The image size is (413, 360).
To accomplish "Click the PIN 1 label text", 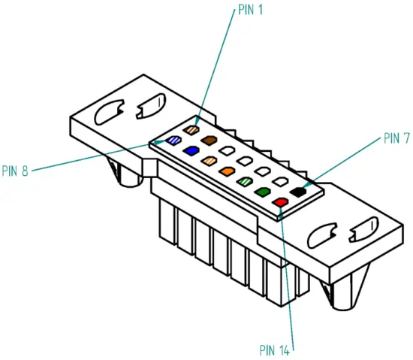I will coord(250,11).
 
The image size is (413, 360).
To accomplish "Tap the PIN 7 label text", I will coord(396,138).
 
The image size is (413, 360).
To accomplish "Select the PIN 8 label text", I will coord(16,171).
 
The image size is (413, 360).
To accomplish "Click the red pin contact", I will coord(280,201).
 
